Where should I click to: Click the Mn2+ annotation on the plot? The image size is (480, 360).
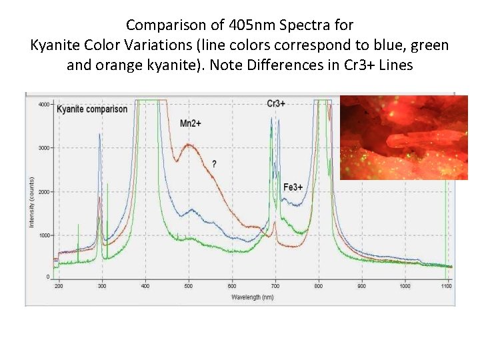(x=191, y=123)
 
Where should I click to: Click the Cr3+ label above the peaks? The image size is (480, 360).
(x=276, y=103)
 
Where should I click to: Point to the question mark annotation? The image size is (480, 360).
(x=214, y=163)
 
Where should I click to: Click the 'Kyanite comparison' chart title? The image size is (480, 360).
(x=92, y=109)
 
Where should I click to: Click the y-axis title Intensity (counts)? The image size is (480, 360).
(x=31, y=201)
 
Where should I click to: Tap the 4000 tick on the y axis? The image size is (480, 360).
(x=43, y=105)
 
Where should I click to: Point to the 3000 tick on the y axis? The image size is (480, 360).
(x=43, y=148)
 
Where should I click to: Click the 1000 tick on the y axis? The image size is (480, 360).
(x=43, y=235)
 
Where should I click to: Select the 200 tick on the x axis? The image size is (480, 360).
(x=59, y=286)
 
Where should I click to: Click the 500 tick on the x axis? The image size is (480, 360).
(x=189, y=286)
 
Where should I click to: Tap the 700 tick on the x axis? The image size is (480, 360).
(x=275, y=286)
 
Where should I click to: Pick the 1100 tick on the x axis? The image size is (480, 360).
(x=447, y=286)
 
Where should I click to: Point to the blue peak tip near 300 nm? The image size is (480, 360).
(x=99, y=134)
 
